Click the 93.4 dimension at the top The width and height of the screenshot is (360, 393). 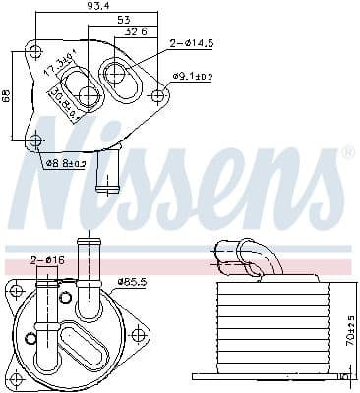96,7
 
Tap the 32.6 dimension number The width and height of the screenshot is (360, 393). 137,31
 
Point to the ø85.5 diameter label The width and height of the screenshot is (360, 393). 132,282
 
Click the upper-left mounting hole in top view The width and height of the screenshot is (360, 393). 35,51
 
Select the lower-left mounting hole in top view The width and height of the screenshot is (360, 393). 36,140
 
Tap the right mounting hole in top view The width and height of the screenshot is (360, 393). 159,95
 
